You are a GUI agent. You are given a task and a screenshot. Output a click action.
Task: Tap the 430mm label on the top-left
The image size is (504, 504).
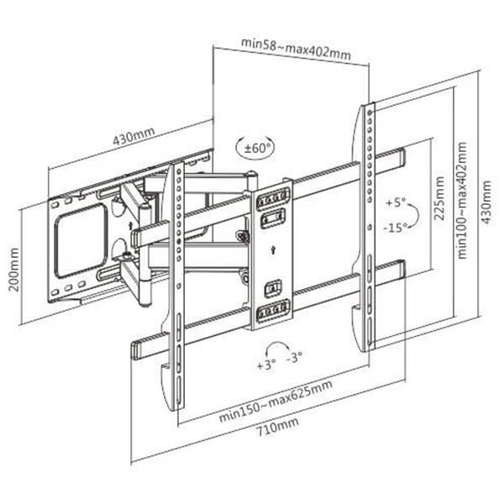pyautogui.click(x=134, y=137)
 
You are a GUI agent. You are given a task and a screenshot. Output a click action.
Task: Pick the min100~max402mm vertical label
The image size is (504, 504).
pyautogui.click(x=461, y=201)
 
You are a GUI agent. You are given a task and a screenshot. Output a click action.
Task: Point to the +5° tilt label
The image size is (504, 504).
pyautogui.click(x=395, y=203)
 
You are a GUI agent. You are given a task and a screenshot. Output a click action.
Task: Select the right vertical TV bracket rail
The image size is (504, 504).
pyautogui.click(x=368, y=227)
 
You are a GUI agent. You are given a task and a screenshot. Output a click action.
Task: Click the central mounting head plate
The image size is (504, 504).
pyautogui.click(x=274, y=252)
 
